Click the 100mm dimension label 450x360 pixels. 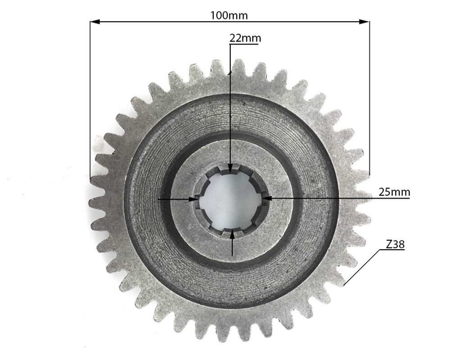pos(229,15)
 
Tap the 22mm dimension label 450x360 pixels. pos(245,38)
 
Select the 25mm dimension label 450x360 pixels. pos(394,192)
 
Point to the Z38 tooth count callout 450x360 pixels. pos(395,244)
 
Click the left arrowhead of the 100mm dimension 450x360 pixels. pos(95,22)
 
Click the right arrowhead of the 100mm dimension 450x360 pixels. pos(364,22)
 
